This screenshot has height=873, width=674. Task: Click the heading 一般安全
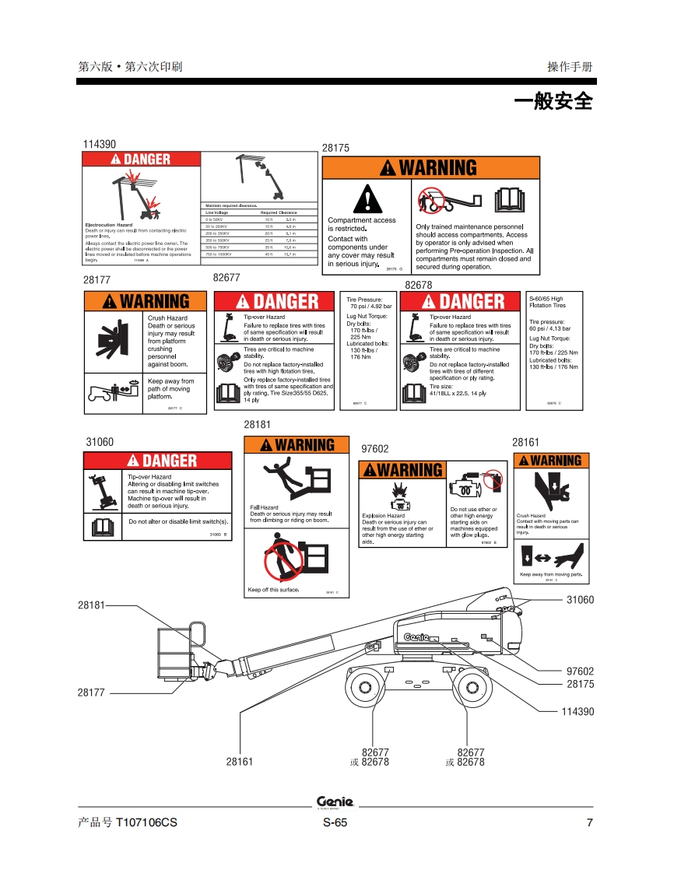[x=553, y=101]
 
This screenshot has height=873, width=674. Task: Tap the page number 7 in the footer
[x=589, y=823]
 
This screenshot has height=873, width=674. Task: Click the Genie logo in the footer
[x=335, y=802]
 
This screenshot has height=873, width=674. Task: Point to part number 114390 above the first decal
[x=99, y=144]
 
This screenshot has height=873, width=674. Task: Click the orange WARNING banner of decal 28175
[x=430, y=168]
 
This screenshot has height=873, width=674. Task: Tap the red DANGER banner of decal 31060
[x=157, y=461]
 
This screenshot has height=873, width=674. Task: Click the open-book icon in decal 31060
[x=102, y=527]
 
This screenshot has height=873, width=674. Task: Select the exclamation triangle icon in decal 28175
[x=363, y=199]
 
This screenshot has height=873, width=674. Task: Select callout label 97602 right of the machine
[x=580, y=671]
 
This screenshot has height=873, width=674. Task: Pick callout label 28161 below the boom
[x=240, y=762]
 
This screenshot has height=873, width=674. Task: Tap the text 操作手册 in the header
[x=570, y=67]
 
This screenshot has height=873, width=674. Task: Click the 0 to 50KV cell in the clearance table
[x=214, y=220]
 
